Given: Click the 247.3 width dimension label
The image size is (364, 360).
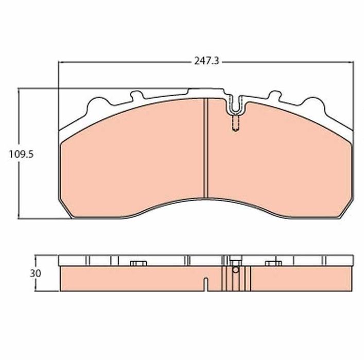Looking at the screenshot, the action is pos(206,61).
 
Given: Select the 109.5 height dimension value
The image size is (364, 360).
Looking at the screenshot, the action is pos(21,154).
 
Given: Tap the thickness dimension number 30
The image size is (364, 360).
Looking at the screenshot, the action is pos(36,273).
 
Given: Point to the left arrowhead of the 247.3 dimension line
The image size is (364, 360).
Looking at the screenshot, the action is pos(60,62).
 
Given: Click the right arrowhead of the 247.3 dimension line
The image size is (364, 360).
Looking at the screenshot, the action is pos(352,62).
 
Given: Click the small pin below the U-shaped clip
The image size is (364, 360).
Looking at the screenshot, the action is pos(235,123).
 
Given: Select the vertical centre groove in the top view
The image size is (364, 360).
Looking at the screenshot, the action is pos(205,148).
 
